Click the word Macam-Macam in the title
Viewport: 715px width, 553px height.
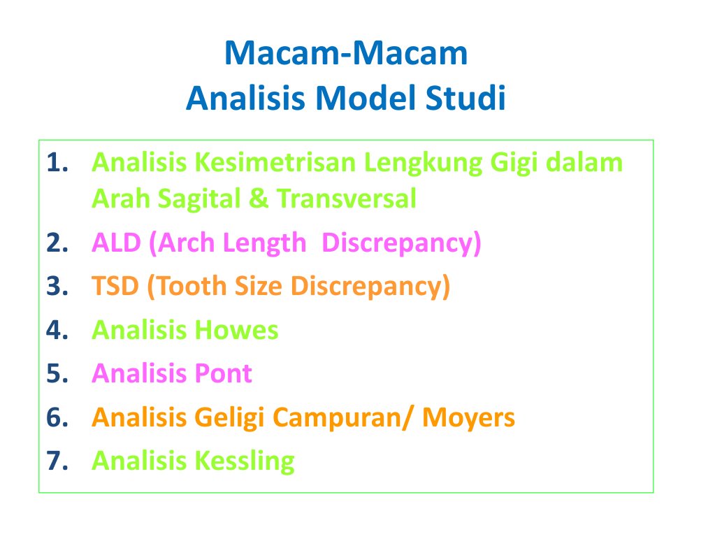346,54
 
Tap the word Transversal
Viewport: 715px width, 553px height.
347,199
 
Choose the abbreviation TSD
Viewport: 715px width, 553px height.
116,287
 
